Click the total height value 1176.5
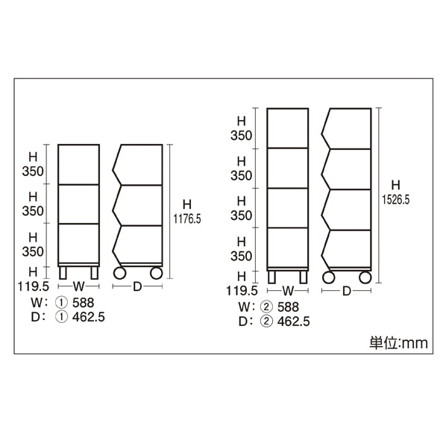[x=187, y=219]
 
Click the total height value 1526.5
[x=395, y=200]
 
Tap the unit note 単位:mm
[x=398, y=343]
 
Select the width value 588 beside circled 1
[x=83, y=303]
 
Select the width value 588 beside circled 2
[x=288, y=307]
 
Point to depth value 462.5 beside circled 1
[x=89, y=317]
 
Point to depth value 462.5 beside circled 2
[x=294, y=321]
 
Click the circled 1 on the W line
[x=61, y=303]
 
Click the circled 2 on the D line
[x=266, y=321]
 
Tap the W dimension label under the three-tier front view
[x=79, y=286]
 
